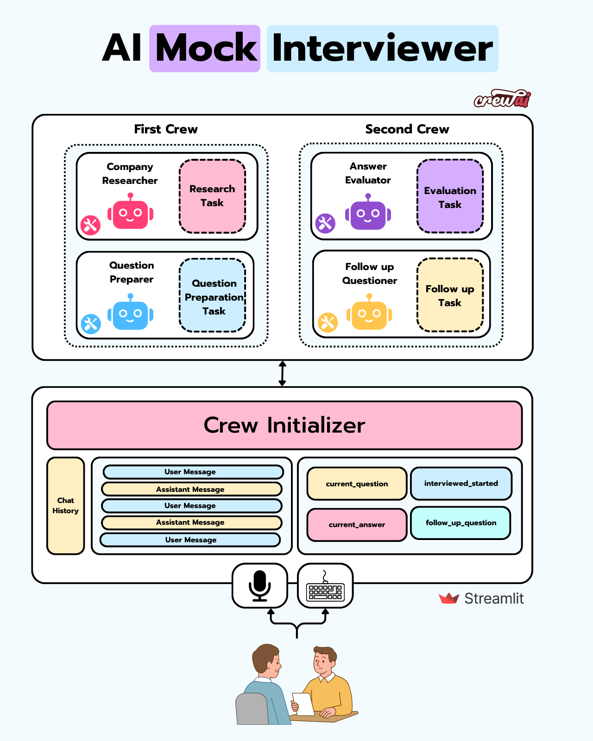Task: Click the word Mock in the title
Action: point(205,48)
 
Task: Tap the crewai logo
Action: point(502,99)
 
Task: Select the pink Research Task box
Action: point(212,196)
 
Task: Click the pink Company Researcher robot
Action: point(130,213)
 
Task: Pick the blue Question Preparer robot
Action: point(130,314)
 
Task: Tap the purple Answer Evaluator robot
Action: point(368,214)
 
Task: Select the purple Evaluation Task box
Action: point(450,197)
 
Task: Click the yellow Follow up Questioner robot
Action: point(369,314)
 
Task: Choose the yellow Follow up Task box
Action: point(450,295)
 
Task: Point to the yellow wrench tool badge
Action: point(328,322)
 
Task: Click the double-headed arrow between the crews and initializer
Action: point(282,374)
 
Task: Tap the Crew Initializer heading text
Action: point(284,425)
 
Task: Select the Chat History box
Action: point(66,506)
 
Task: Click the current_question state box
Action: point(357,484)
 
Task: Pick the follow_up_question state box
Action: point(461,523)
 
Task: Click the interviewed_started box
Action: point(461,484)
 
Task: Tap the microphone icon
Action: point(259,585)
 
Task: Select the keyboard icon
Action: point(325,587)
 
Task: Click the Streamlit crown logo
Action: point(448,598)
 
